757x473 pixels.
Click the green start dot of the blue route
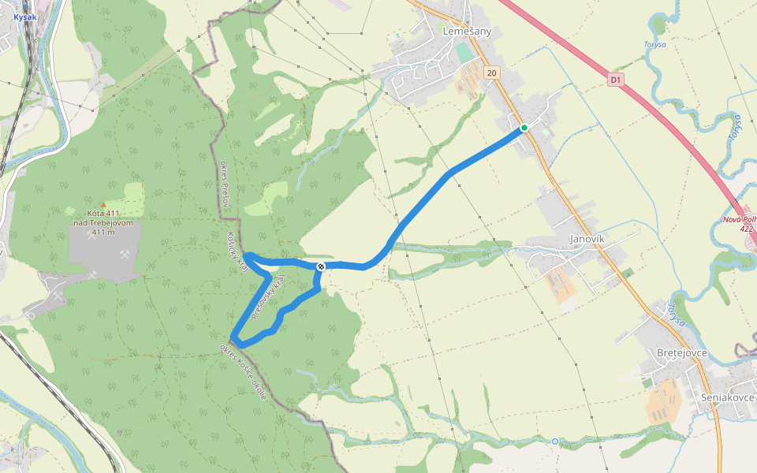coord(524,128)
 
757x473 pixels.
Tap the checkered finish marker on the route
coord(322,266)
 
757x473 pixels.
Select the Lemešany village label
coord(468,32)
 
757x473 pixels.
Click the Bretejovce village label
coord(681,352)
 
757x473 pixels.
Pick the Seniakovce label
coord(728,397)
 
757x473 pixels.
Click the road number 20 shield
coord(492,73)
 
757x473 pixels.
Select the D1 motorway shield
coord(617,80)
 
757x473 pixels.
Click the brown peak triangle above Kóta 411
coord(103,205)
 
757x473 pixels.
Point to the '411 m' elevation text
coord(103,232)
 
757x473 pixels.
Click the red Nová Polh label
coord(740,219)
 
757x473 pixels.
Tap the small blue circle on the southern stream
coord(555,441)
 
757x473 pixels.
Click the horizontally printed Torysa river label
coord(654,45)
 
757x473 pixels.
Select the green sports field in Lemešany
coord(464,54)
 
